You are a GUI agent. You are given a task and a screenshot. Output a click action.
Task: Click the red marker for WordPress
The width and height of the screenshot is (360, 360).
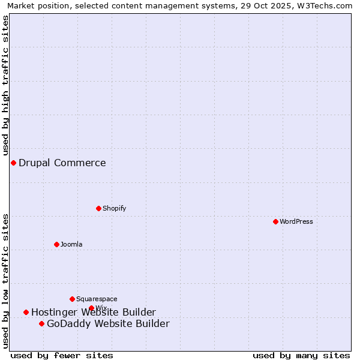pos(275,221)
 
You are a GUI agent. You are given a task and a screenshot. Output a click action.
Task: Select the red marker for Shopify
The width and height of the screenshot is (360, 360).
pos(98,208)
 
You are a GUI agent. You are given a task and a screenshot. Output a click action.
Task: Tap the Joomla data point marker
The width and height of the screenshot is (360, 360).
pos(56,244)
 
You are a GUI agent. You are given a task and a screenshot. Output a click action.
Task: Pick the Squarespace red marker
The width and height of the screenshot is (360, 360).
pos(72,299)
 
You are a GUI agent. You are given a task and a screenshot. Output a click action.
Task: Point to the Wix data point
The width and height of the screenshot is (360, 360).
pos(91,308)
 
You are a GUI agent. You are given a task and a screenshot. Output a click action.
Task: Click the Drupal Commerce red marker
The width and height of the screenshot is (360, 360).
pos(13,163)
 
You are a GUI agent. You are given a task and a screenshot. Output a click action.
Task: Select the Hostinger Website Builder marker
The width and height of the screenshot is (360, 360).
pos(26,312)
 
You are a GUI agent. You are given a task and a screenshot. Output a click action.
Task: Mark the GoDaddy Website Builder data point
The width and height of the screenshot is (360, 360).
pos(41,323)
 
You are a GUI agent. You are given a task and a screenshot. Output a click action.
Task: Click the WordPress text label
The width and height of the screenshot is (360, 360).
pos(296,221)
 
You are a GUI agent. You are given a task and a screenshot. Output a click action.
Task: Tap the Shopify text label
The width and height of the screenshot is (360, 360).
pos(114,208)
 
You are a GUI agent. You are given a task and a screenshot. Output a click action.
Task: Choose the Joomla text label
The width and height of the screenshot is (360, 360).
pos(71,244)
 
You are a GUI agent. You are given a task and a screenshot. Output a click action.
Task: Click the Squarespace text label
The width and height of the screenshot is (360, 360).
pos(97,299)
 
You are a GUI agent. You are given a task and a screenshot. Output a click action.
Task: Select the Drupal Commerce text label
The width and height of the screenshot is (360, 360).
pos(62,163)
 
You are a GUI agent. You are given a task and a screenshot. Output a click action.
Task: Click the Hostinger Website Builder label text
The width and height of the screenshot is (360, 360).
pos(94,312)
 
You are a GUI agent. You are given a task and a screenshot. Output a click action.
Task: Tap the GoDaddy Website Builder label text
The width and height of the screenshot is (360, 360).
pos(108,324)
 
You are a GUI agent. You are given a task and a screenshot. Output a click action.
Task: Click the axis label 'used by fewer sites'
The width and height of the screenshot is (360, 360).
pos(62,355)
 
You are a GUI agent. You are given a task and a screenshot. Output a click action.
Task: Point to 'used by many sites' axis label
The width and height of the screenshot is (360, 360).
pos(301,355)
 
